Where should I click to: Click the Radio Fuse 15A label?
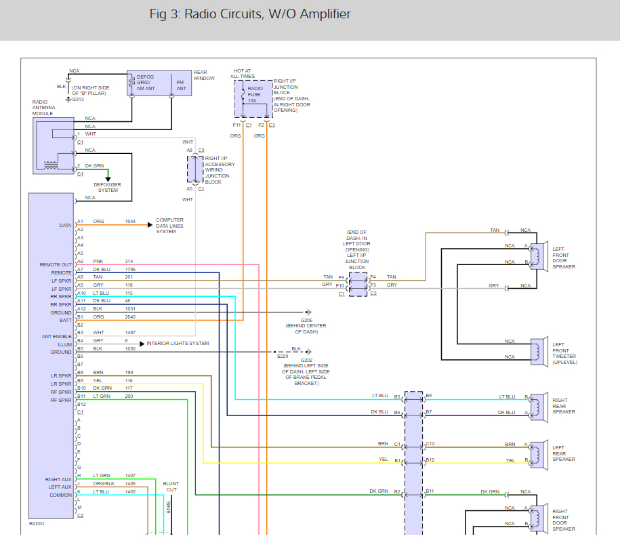tap(255, 94)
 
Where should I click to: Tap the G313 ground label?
tap(78, 99)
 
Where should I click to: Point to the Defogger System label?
tap(107, 187)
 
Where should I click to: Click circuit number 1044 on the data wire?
tap(130, 221)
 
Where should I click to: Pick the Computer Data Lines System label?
tap(169, 226)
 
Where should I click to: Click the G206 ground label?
tap(306, 320)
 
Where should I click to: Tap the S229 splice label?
tap(282, 355)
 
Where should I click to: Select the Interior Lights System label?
tap(178, 344)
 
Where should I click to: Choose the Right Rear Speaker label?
tap(563, 406)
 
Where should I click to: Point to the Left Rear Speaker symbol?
tap(538, 453)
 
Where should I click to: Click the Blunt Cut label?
tap(171, 487)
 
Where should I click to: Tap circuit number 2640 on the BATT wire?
tap(130, 317)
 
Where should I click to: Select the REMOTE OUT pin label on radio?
tap(56, 265)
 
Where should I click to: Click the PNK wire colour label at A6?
tap(98, 261)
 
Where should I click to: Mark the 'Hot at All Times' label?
tap(243, 73)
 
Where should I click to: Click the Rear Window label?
tap(204, 75)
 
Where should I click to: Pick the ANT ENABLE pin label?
tap(56, 336)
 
